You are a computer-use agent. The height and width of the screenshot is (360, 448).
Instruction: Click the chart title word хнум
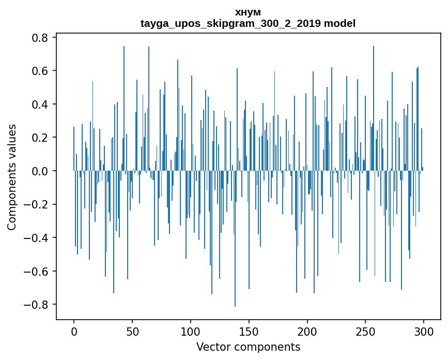pos(248,12)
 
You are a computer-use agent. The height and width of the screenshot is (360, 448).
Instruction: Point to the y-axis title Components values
pos(12,177)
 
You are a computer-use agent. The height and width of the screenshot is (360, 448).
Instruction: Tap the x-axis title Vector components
pos(248,347)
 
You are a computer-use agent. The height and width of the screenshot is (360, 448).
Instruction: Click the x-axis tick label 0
pos(74,331)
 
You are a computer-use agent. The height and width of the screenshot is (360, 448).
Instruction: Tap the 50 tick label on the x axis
pos(132,331)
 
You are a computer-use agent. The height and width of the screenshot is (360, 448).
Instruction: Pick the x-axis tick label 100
pos(191,331)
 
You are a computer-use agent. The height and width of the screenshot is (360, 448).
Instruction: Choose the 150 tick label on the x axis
pos(249,331)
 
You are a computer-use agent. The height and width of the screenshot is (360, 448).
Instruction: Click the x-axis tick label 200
pos(307,331)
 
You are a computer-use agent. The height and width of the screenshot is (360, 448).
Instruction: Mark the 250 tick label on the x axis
pos(365,331)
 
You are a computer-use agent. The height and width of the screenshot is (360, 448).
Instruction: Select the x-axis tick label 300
pos(424,331)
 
